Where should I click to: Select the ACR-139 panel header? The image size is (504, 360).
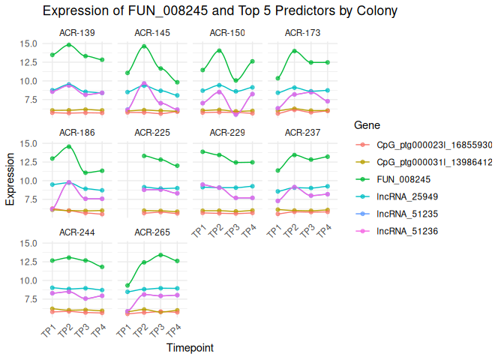pyautogui.click(x=76, y=33)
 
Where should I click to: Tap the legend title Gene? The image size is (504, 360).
pyautogui.click(x=367, y=124)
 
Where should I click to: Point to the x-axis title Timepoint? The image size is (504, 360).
pyautogui.click(x=189, y=348)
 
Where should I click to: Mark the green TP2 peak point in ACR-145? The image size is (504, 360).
pyautogui.click(x=144, y=46)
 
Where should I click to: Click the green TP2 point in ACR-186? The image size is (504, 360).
pyautogui.click(x=68, y=146)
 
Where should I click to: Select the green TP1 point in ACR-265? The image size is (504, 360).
pyautogui.click(x=127, y=286)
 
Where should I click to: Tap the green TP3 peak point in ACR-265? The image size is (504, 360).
pyautogui.click(x=160, y=255)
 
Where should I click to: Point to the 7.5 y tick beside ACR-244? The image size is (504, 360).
pyautogui.click(x=31, y=299)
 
